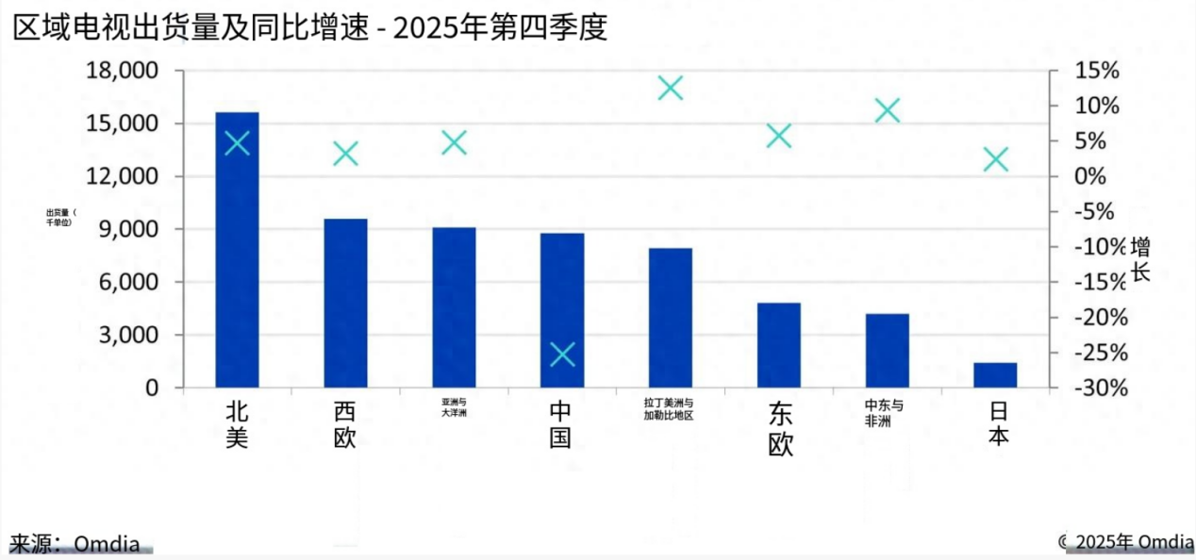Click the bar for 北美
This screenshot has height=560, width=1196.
(x=237, y=250)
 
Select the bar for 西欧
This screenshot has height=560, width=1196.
(x=345, y=303)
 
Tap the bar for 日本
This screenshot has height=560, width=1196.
(x=995, y=374)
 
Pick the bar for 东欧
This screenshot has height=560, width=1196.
(x=778, y=344)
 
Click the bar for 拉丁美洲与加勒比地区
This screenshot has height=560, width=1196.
(x=670, y=317)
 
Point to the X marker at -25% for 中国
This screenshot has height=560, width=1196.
(x=562, y=354)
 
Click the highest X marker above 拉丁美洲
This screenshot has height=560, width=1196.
(x=670, y=89)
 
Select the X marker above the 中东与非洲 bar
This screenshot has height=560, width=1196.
(x=887, y=111)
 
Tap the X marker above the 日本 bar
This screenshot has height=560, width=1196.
(x=995, y=159)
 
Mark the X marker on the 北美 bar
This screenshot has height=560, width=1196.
(x=237, y=143)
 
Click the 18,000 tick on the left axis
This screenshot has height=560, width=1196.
(x=122, y=71)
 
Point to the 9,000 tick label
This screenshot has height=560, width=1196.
(x=130, y=229)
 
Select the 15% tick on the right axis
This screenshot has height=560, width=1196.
(x=1096, y=71)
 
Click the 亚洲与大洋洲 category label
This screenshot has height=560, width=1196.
(x=454, y=407)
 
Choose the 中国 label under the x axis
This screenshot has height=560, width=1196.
(x=561, y=424)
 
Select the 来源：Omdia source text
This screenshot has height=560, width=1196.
(x=75, y=543)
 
